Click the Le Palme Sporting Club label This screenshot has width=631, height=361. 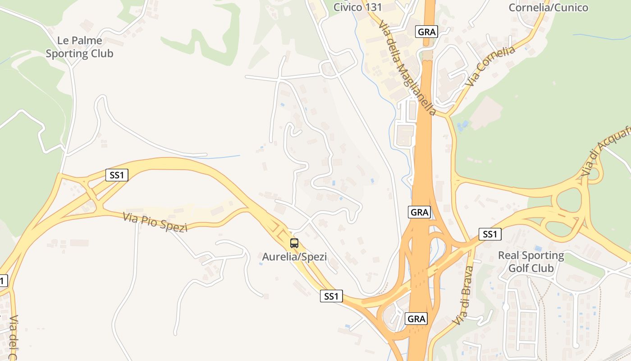tap(79, 47)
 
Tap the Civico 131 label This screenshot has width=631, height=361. tap(357, 7)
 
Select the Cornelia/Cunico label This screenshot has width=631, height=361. tap(548, 7)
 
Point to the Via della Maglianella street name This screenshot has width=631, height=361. tap(407, 68)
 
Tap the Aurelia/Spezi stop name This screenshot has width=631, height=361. tap(294, 257)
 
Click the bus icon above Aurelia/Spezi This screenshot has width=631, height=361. tap(294, 243)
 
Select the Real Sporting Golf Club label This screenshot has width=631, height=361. tap(530, 262)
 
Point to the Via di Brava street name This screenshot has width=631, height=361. tap(464, 296)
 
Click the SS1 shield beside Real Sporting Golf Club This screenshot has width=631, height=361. tap(489, 234)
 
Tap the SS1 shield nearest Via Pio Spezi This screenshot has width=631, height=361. tap(117, 175)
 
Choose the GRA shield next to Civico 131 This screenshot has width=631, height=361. tap(426, 32)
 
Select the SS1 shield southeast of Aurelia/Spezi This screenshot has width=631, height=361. tap(331, 296)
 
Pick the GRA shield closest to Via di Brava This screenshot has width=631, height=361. tap(416, 319)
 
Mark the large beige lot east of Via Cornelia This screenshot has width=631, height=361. tap(486, 111)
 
